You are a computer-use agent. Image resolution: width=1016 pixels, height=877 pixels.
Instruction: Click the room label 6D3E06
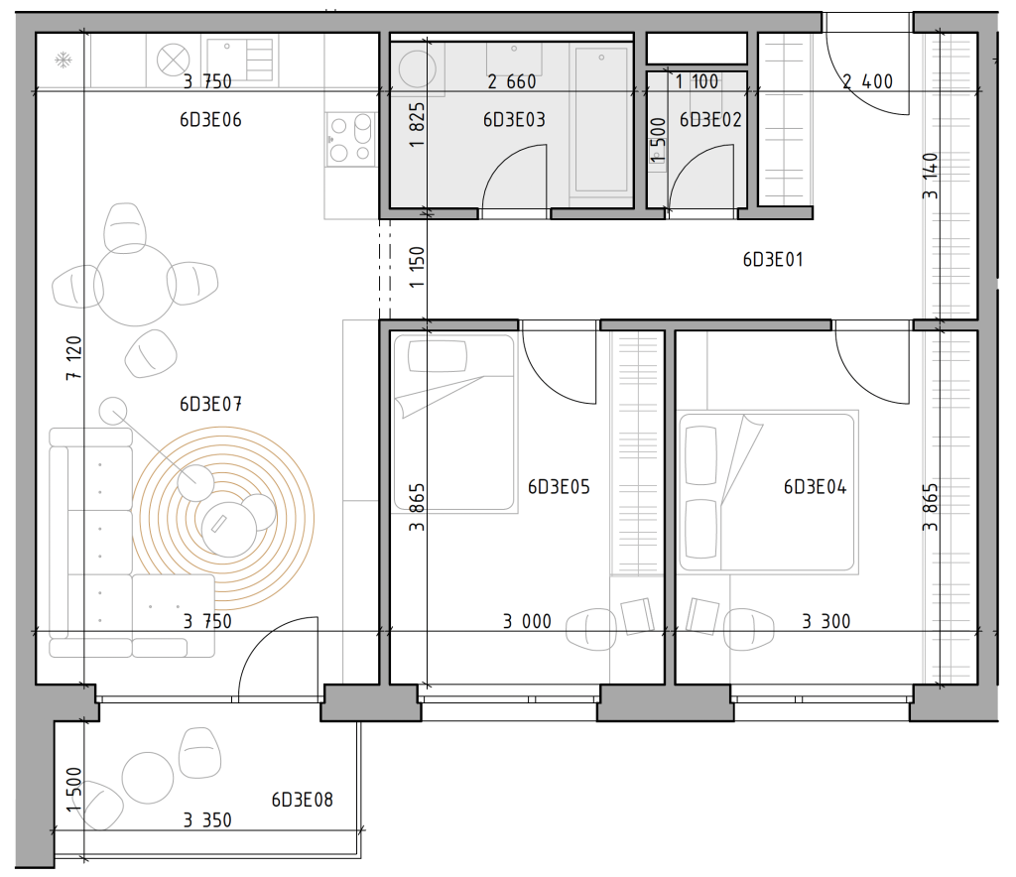click(x=210, y=120)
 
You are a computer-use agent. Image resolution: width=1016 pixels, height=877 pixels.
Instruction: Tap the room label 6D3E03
click(x=514, y=120)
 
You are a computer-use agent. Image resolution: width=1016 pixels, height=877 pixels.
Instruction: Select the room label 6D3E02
click(x=710, y=120)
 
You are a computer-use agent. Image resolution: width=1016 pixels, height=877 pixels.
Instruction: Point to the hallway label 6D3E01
click(x=773, y=260)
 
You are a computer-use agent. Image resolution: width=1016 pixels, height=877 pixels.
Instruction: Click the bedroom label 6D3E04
click(x=816, y=487)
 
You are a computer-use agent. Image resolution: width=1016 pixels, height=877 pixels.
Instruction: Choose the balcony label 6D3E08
click(x=302, y=800)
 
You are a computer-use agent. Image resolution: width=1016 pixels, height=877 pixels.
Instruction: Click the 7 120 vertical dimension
click(x=73, y=357)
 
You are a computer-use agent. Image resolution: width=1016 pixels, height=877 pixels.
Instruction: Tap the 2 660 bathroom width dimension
click(x=512, y=81)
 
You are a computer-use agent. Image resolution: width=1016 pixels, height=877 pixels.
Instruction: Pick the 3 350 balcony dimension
click(x=207, y=820)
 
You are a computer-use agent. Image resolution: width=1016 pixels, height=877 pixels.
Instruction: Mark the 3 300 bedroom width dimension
click(x=826, y=622)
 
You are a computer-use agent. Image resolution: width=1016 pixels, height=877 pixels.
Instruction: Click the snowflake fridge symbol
click(x=63, y=61)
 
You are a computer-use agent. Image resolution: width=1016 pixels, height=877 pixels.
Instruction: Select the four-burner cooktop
click(x=350, y=139)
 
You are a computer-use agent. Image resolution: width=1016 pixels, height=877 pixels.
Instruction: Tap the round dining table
click(x=134, y=285)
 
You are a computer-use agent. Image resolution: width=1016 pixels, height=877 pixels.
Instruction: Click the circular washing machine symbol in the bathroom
click(x=417, y=68)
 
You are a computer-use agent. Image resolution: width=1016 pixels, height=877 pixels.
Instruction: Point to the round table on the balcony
click(x=148, y=777)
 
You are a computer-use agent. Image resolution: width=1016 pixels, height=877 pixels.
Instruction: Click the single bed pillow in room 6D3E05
click(x=438, y=356)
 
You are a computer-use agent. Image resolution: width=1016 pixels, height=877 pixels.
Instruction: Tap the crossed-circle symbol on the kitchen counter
click(x=173, y=61)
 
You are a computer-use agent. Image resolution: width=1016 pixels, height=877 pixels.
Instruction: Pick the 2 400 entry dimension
click(x=867, y=81)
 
